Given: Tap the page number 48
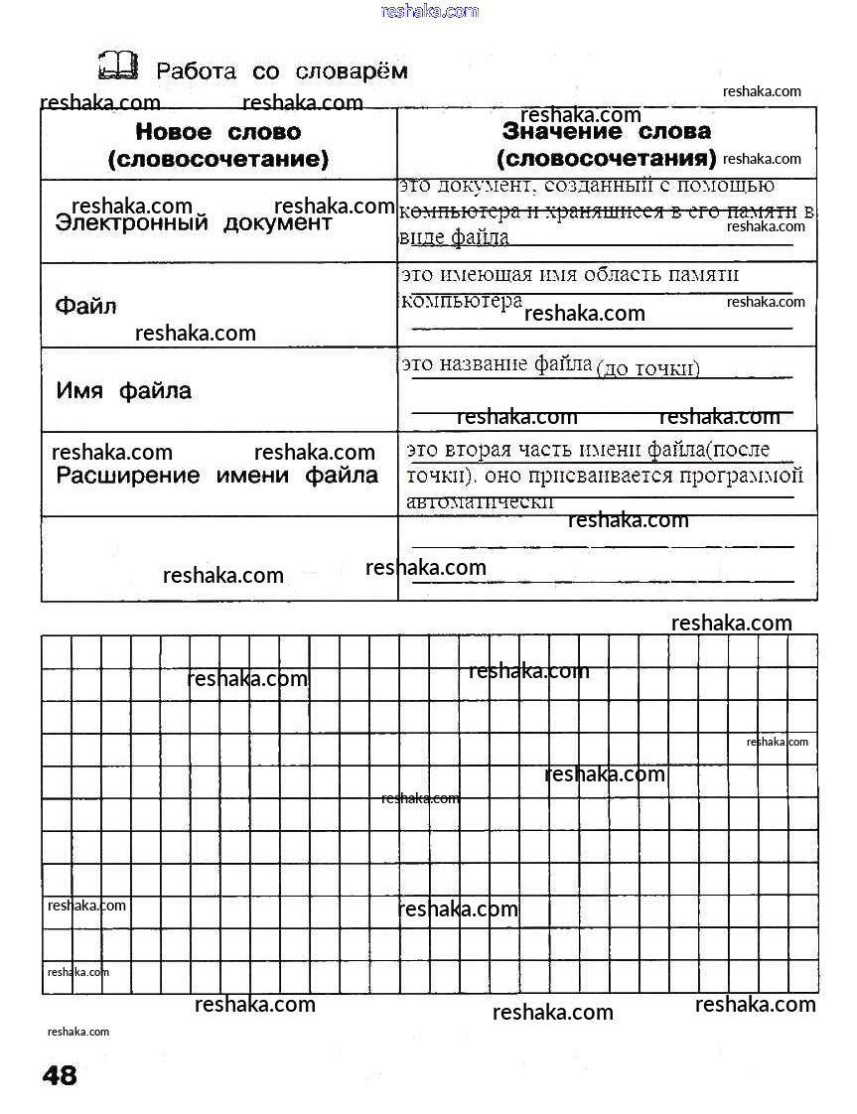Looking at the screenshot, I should point(60,1074).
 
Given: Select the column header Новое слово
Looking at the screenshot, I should point(217,132).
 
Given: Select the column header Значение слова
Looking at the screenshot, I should point(607,131).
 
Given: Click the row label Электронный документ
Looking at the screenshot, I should point(194,223).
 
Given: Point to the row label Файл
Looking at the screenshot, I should point(85,306).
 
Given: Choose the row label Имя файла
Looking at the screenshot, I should point(124,391).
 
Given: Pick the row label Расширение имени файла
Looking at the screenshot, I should point(217,476).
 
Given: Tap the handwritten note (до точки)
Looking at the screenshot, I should point(648,369).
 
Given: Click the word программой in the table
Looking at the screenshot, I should point(741,476).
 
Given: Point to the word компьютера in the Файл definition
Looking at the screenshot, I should point(462,300).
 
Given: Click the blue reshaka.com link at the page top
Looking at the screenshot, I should point(429,11).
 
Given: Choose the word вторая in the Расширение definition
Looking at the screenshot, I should point(492,450).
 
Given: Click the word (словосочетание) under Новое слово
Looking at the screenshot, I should point(217,159).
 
